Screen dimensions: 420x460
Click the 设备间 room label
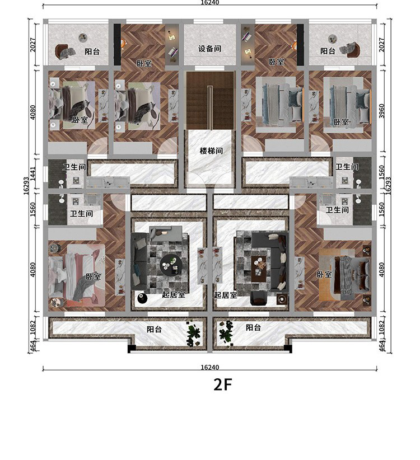click(x=209, y=49)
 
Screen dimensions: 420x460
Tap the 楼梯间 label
click(x=211, y=151)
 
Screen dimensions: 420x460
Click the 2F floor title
click(x=223, y=384)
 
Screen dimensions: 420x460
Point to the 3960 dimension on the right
click(x=381, y=111)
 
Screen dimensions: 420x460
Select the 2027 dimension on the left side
click(x=33, y=45)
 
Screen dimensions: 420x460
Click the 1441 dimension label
click(x=33, y=173)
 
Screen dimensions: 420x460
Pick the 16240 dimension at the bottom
click(x=210, y=367)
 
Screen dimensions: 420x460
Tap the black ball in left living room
click(x=143, y=298)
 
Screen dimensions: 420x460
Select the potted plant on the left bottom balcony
click(x=194, y=333)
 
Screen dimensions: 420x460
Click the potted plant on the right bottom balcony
click(x=226, y=332)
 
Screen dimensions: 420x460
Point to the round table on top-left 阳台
click(x=83, y=37)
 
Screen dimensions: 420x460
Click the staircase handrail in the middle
click(x=210, y=107)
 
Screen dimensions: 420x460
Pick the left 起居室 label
click(x=174, y=294)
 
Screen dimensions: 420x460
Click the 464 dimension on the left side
click(x=33, y=346)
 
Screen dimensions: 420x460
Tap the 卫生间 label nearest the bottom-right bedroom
click(x=337, y=210)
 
